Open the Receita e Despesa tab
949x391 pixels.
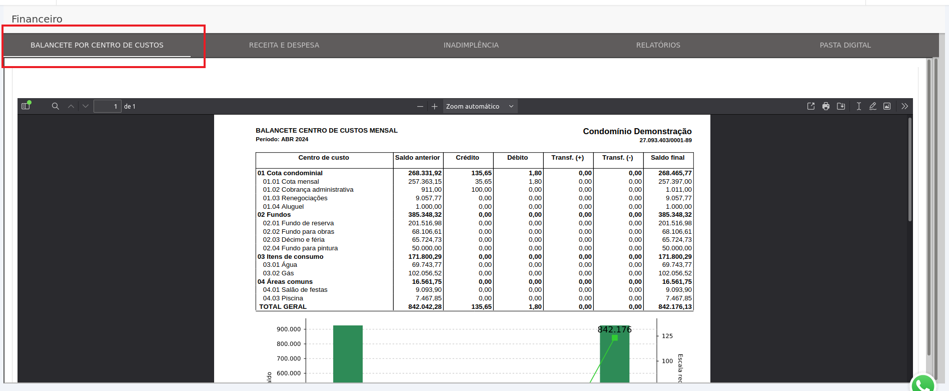click(284, 45)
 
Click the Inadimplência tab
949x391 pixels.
click(471, 45)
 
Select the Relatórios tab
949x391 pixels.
click(658, 45)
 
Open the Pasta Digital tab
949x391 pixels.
click(845, 45)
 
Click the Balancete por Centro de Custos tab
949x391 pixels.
click(97, 45)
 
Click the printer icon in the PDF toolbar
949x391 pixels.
click(826, 106)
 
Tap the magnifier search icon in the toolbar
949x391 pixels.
click(56, 106)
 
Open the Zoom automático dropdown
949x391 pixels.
click(480, 106)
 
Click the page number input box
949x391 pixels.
click(107, 106)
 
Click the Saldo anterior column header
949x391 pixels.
click(418, 158)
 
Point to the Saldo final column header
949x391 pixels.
click(667, 158)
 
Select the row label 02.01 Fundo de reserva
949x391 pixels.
click(298, 223)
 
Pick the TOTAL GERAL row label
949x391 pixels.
click(283, 307)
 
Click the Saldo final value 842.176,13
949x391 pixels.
click(675, 307)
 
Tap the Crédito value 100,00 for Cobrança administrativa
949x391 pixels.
click(481, 190)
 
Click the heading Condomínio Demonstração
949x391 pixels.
click(637, 131)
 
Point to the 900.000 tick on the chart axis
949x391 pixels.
click(289, 329)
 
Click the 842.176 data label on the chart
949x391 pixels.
click(614, 329)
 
